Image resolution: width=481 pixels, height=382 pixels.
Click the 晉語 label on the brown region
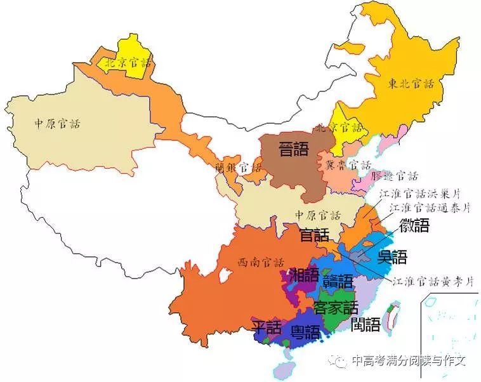[294, 149]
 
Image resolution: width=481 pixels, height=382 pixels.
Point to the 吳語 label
[392, 257]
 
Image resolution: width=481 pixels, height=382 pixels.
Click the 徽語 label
[414, 225]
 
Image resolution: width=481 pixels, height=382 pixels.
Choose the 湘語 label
[305, 275]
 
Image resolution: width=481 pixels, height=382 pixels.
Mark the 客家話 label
[336, 308]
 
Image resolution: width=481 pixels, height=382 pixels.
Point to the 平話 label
[267, 327]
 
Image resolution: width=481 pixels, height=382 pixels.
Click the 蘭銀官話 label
[238, 168]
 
